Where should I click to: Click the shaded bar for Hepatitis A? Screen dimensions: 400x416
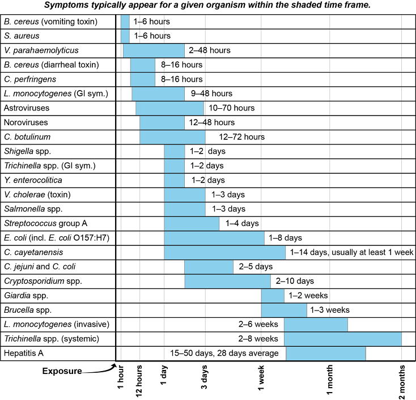pos(326,353)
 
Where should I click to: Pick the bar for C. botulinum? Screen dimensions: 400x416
pos(172,137)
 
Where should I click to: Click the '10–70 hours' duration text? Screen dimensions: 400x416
pos(231,108)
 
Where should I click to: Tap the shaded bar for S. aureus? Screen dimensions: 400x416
pos(125,36)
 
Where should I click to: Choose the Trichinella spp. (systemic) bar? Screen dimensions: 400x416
pos(342,339)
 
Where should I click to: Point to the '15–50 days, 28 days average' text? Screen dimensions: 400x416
pos(224,353)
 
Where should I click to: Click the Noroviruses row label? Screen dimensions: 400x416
pos(26,122)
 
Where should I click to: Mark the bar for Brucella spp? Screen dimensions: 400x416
pos(284,310)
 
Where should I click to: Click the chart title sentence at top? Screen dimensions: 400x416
pos(208,6)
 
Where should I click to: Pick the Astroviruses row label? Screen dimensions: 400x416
pos(26,108)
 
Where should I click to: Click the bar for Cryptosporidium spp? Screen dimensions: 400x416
pos(227,281)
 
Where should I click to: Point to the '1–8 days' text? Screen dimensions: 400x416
pos(285,237)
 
